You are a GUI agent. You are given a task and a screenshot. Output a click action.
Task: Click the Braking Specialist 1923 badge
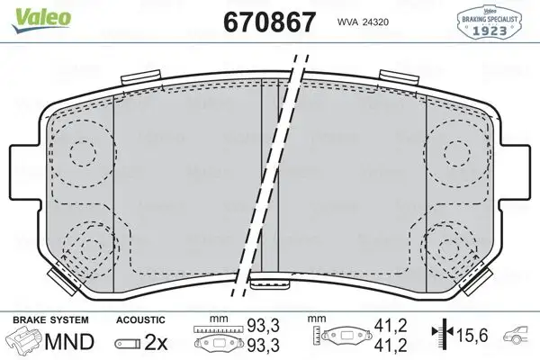pos(493,21)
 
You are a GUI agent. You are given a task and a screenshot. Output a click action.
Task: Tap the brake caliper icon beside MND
pos(25,341)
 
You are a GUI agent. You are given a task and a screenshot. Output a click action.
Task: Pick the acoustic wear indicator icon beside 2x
pos(129,343)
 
